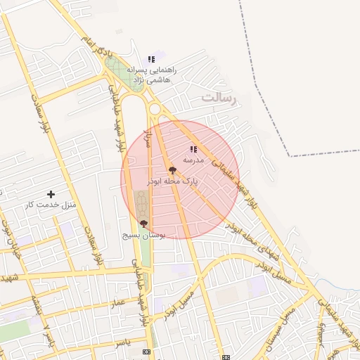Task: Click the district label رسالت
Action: (x=220, y=98)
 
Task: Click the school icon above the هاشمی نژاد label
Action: (x=151, y=60)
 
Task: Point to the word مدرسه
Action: (x=193, y=160)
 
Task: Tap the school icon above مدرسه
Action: (x=193, y=149)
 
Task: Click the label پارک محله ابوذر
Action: (x=172, y=181)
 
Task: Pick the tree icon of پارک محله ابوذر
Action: (x=172, y=170)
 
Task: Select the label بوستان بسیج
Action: (x=143, y=235)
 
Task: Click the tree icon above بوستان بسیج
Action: (x=143, y=224)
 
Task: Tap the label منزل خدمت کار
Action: (x=50, y=205)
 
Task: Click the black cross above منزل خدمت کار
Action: (x=51, y=194)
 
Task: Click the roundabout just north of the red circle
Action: (x=155, y=109)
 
